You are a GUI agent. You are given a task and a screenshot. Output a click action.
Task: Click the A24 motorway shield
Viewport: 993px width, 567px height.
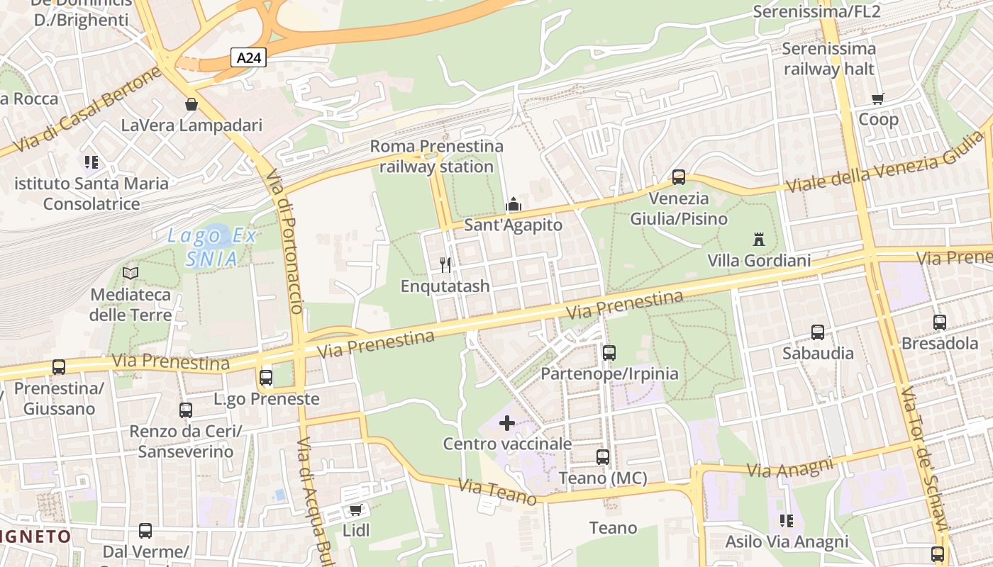pos(248,58)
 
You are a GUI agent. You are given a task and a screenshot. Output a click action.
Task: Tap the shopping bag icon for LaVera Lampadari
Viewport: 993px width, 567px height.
pos(191,104)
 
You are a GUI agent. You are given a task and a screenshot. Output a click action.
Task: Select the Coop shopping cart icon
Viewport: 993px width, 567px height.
pos(878,99)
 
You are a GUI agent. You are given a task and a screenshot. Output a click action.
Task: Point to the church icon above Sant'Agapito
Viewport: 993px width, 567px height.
pos(513,205)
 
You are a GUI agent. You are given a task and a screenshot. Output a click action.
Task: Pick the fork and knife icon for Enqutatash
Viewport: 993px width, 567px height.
pos(445,265)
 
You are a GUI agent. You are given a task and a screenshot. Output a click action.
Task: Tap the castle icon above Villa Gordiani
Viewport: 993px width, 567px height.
pos(759,239)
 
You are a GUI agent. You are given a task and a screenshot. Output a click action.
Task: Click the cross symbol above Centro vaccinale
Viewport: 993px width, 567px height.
pos(507,424)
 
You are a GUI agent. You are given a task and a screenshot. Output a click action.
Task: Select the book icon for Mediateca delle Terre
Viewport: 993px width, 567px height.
pos(131,273)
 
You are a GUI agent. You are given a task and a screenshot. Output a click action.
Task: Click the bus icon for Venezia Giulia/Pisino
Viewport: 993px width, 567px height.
pos(679,177)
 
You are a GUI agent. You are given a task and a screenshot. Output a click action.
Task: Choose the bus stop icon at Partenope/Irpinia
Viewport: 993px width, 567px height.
pos(609,352)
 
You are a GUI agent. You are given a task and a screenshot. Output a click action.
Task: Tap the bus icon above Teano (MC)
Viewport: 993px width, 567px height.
pos(603,457)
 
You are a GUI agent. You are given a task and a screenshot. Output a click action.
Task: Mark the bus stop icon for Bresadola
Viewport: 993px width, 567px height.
pos(940,322)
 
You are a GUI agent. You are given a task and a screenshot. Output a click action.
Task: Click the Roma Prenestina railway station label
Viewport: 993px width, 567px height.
pos(436,157)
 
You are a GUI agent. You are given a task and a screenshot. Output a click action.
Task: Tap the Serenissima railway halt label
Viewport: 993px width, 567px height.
pos(829,59)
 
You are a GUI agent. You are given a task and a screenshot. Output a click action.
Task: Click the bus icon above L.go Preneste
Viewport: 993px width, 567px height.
pos(266,378)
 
